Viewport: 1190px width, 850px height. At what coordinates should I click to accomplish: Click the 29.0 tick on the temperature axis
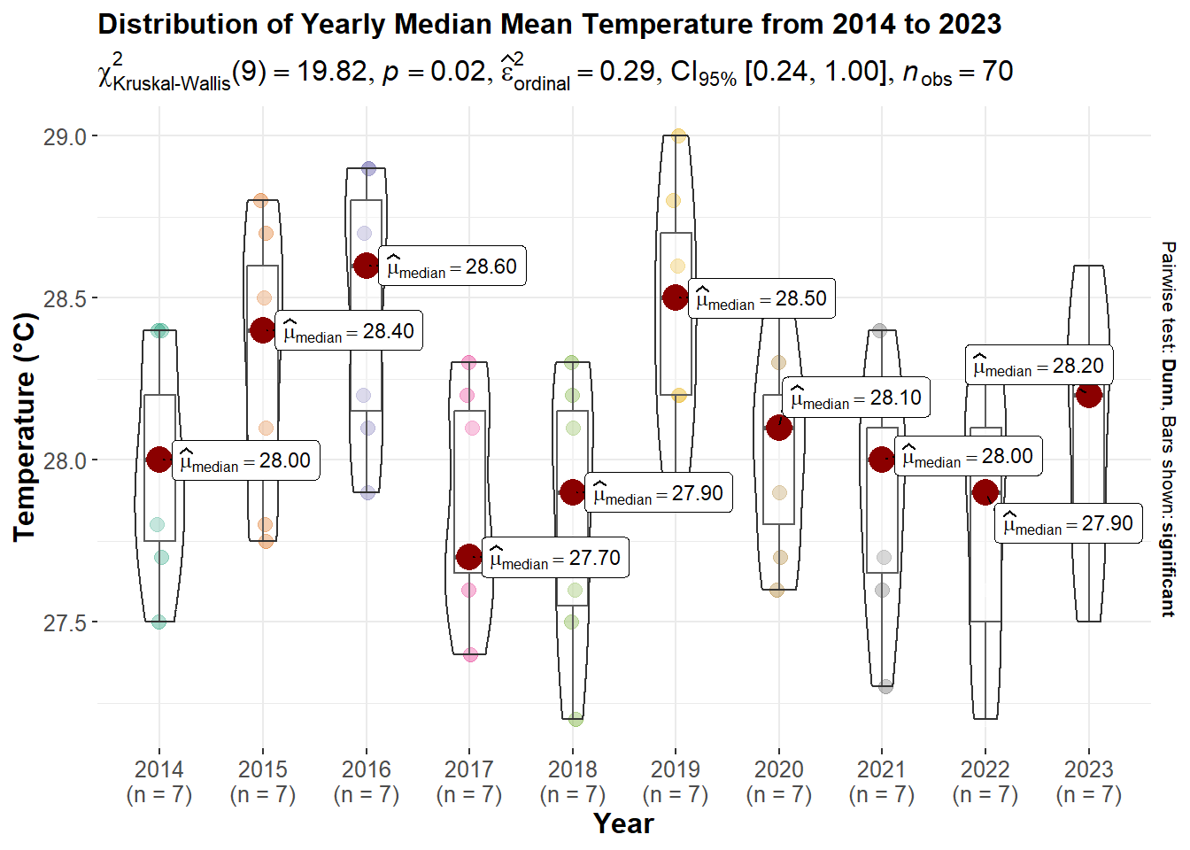click(x=65, y=136)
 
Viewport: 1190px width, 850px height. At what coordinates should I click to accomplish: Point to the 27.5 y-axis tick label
click(x=65, y=622)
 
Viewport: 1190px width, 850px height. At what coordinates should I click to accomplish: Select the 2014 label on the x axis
click(x=159, y=769)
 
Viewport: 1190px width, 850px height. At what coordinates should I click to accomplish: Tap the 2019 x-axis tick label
click(x=676, y=769)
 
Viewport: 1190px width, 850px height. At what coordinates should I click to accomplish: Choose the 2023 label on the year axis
click(x=1089, y=769)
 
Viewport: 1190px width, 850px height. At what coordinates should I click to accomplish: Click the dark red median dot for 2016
click(x=367, y=266)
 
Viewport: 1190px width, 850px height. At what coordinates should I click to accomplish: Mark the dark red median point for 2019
click(x=676, y=297)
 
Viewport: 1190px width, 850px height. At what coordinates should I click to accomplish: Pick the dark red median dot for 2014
click(x=159, y=460)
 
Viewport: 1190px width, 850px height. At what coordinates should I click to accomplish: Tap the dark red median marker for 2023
click(x=1089, y=395)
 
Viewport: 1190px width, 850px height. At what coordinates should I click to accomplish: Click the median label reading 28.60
click(x=452, y=267)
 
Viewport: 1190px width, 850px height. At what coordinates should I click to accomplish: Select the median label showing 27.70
click(x=555, y=558)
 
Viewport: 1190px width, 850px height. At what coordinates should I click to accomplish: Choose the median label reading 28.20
click(x=1039, y=366)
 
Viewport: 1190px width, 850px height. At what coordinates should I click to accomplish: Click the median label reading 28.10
click(x=856, y=398)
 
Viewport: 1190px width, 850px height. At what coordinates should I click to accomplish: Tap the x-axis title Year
click(x=623, y=823)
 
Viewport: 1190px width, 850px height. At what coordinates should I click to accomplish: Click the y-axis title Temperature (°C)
click(x=25, y=427)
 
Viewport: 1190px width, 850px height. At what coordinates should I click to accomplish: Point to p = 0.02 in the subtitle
click(x=434, y=72)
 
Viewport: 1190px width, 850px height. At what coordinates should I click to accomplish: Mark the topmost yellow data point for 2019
click(x=678, y=136)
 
